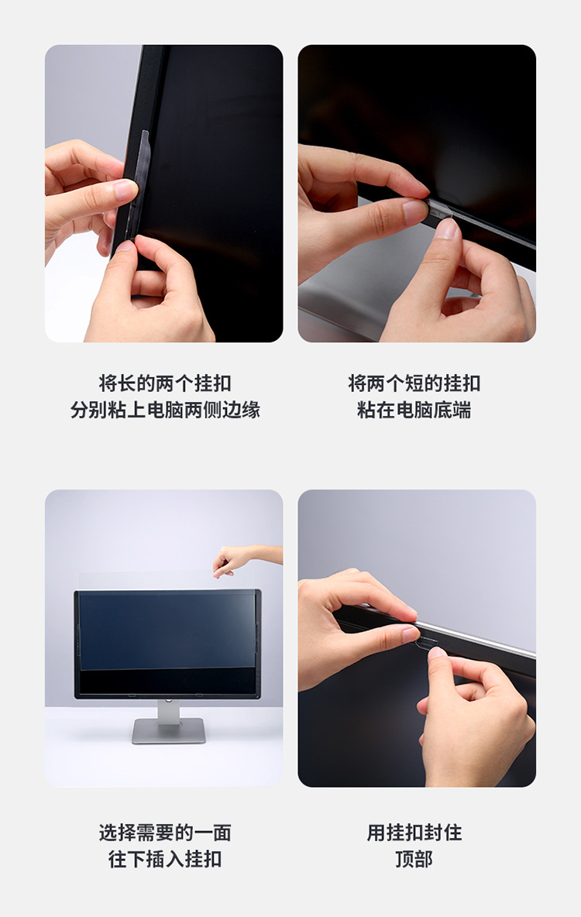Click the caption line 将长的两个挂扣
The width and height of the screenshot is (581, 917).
(x=164, y=383)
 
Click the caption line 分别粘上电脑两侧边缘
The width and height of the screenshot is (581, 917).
(x=164, y=410)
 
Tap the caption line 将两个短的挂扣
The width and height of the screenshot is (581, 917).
(x=414, y=383)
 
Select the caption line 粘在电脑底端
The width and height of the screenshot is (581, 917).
(x=414, y=410)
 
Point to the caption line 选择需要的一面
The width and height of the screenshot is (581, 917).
(x=164, y=833)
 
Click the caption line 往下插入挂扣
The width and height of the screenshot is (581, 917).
(x=164, y=859)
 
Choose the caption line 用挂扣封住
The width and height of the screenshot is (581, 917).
(x=414, y=833)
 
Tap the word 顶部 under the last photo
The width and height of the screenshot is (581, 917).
(x=414, y=859)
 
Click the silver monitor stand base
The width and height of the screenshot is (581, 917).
(x=168, y=730)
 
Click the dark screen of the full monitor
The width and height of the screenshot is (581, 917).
(x=167, y=631)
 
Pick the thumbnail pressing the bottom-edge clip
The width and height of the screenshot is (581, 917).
(x=447, y=229)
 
